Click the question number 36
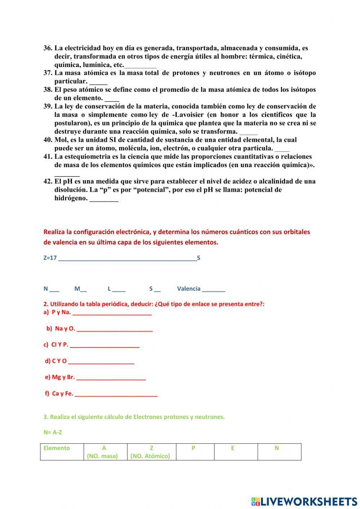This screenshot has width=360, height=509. pyautogui.click(x=48, y=48)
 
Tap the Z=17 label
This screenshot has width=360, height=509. pyautogui.click(x=50, y=258)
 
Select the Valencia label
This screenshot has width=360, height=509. pyautogui.click(x=189, y=289)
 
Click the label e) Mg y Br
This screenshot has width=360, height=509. pyautogui.click(x=60, y=377)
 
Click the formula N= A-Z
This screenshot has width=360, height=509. pyautogui.click(x=53, y=432)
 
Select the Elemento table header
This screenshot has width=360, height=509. pyautogui.click(x=57, y=448)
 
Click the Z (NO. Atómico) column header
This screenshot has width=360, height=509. pyautogui.click(x=151, y=452)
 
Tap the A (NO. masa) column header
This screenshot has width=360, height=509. pyautogui.click(x=104, y=452)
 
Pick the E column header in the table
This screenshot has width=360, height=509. pyautogui.click(x=233, y=448)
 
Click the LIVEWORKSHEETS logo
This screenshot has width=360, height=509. pyautogui.click(x=304, y=501)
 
